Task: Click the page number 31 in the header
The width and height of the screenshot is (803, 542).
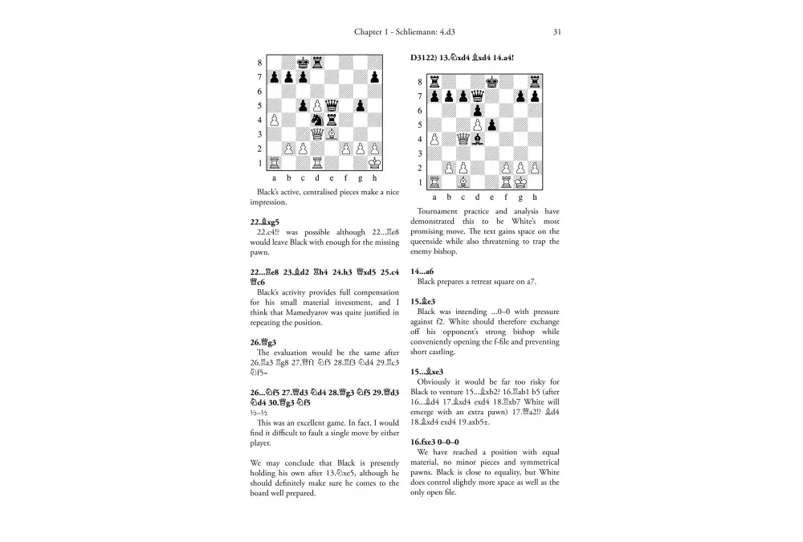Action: point(556,32)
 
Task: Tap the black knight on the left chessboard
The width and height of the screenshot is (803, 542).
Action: point(317,120)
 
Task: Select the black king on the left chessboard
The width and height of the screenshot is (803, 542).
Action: point(303,62)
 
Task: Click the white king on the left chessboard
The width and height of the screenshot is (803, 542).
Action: point(375,163)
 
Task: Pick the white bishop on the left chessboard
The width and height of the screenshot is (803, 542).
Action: point(332,134)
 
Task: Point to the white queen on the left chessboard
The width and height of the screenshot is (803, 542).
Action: point(317,134)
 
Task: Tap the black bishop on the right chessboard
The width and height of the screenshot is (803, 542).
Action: point(477,139)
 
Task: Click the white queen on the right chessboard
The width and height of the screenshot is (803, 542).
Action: point(463,139)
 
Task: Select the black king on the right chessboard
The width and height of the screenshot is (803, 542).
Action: point(491,81)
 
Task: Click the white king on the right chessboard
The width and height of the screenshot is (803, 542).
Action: point(520,182)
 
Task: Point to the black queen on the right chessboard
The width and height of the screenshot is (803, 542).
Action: point(477,110)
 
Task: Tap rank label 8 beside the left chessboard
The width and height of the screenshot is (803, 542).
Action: point(259,62)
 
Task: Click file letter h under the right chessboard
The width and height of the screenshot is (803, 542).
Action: point(535,197)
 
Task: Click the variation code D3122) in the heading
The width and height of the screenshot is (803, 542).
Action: point(425,58)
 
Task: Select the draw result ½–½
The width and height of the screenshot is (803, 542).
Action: point(259,414)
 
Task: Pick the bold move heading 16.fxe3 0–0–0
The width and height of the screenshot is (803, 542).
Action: point(434,441)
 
